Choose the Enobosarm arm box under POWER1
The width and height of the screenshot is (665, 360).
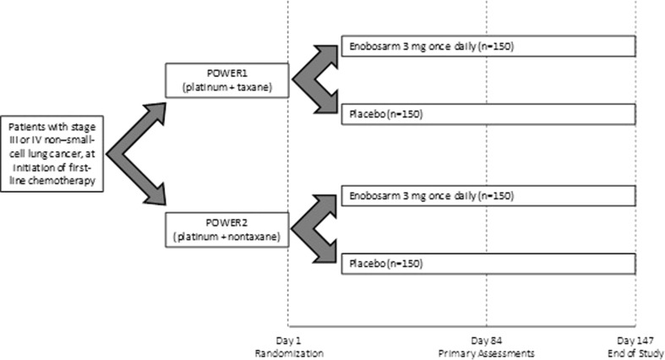488,46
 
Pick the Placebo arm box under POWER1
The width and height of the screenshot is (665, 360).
488,113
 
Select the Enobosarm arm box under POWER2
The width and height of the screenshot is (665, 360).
488,197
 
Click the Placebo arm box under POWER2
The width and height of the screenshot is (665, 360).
488,265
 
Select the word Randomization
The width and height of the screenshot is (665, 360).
288,352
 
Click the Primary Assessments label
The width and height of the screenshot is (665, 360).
487,352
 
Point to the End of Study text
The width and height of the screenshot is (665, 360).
636,352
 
